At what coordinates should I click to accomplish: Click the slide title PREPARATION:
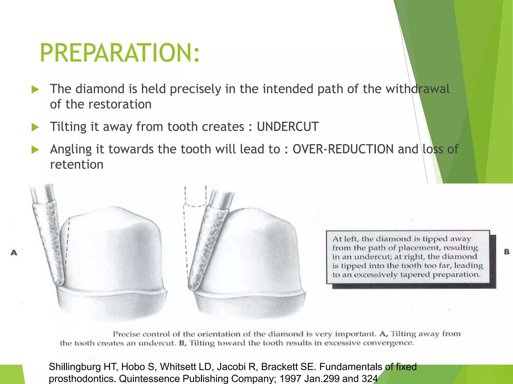coord(120,53)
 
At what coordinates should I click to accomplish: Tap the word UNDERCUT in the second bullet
coord(288,126)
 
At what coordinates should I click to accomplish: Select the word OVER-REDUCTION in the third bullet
coord(343,149)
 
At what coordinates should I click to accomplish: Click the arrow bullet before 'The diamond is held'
coord(35,89)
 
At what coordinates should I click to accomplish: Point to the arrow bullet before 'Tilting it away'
coord(35,127)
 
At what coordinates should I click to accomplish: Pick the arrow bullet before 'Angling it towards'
coord(35,150)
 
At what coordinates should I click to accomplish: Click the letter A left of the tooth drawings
coord(14,253)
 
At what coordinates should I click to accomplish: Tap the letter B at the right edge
coord(507,252)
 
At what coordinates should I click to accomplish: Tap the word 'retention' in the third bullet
coord(77,164)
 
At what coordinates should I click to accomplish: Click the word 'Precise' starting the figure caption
coord(126,334)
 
